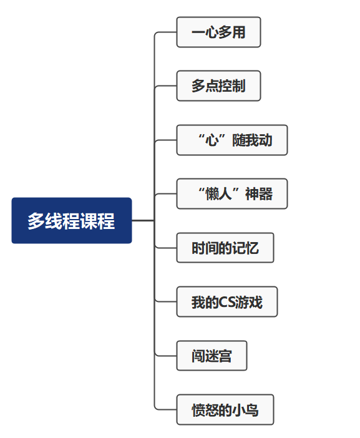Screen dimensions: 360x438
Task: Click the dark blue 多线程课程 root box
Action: tap(72, 220)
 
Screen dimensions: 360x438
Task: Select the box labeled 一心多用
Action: tap(218, 32)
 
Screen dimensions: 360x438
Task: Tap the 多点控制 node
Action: tap(218, 85)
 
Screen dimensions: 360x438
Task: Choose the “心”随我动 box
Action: tap(232, 140)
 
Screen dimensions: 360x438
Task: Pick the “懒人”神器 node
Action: tap(232, 193)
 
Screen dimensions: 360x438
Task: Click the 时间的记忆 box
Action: tap(225, 248)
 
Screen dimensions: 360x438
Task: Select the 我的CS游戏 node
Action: tap(227, 302)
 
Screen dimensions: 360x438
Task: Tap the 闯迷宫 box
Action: tap(212, 356)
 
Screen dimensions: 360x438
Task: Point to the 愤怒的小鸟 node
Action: tap(225, 409)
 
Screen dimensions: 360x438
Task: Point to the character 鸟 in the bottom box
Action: tap(252, 410)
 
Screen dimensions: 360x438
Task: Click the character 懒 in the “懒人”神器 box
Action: tap(212, 194)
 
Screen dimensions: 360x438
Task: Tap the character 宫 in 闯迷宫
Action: tap(225, 356)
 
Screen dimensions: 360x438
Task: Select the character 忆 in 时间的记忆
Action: tap(252, 248)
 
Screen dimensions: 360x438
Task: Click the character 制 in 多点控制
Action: tap(239, 86)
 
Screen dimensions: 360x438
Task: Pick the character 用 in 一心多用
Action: tap(239, 32)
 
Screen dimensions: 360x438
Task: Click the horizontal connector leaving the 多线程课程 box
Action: tap(143, 221)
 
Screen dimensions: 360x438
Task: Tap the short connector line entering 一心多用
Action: tap(165, 32)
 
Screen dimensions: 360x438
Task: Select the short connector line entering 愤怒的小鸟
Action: tap(165, 410)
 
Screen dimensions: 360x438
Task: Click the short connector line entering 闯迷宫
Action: tap(165, 356)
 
